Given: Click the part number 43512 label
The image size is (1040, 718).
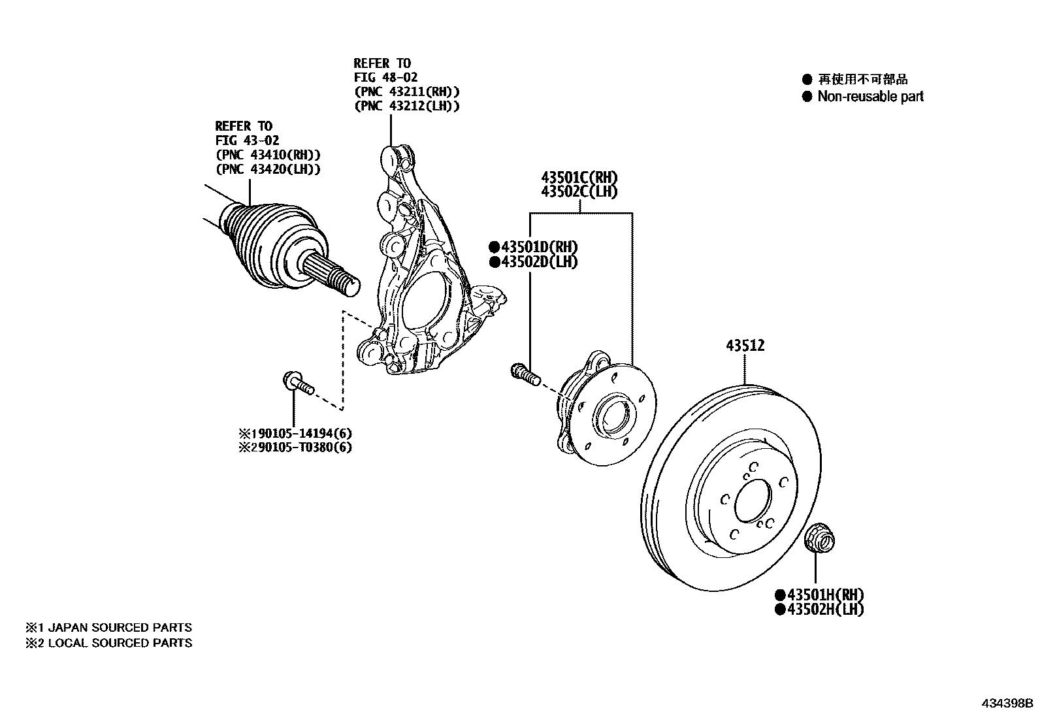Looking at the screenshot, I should coord(745,346).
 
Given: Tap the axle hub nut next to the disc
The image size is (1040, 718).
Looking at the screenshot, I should coord(820,538).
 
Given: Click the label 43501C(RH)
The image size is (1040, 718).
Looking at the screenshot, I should coord(579,177).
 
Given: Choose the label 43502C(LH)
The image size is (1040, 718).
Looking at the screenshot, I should coord(579,191).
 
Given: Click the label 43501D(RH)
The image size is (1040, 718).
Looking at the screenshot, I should coord(538,246).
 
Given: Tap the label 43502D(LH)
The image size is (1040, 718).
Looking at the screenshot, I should coord(538,261).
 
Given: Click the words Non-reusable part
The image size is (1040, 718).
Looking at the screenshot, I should coord(870,97).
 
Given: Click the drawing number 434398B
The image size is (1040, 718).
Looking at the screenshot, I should coord(1007,704).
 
